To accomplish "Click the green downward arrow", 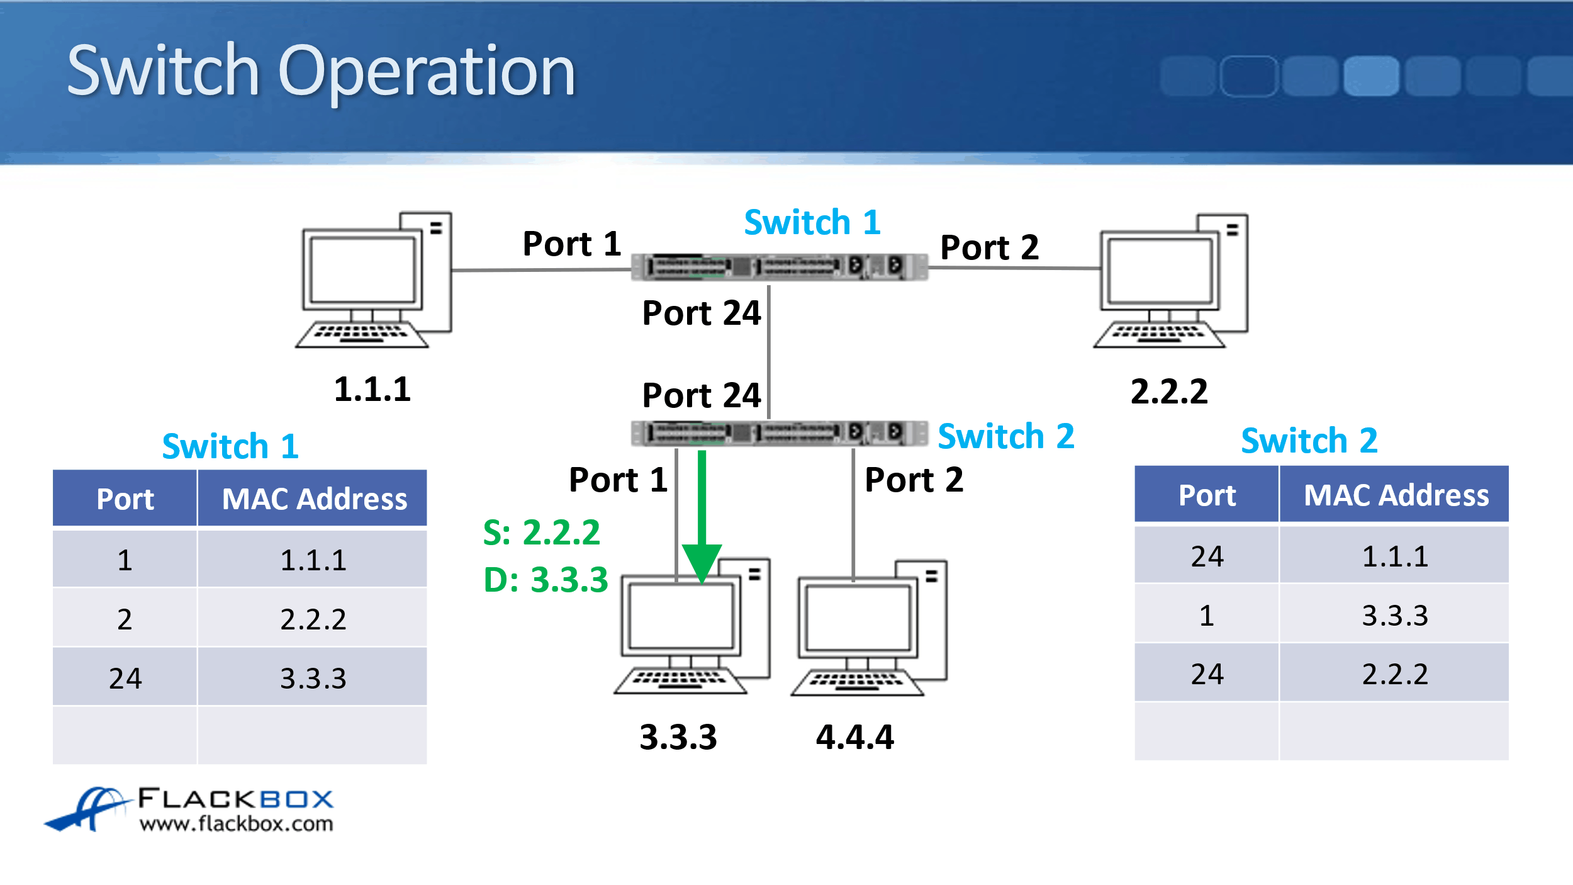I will (x=702, y=516).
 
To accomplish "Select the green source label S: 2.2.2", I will (x=541, y=533).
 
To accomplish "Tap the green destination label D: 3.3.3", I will (x=546, y=580).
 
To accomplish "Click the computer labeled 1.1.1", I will (x=374, y=281).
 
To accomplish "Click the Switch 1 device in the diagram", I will (x=779, y=266).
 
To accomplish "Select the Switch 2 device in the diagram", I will (x=779, y=432).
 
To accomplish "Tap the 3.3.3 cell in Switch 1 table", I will (x=313, y=679).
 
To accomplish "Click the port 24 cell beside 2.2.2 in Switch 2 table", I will (x=1207, y=674).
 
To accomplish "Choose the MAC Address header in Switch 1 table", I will (x=314, y=499).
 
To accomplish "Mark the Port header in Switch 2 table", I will (x=1207, y=495).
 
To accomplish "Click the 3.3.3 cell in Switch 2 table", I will (x=1394, y=616).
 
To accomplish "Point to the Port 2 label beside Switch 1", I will (x=989, y=247).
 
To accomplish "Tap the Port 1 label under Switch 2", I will (x=618, y=480).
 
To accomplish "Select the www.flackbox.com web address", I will (x=237, y=824).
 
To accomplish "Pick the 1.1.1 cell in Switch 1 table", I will (x=313, y=560).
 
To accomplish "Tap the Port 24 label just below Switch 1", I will (x=701, y=313).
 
